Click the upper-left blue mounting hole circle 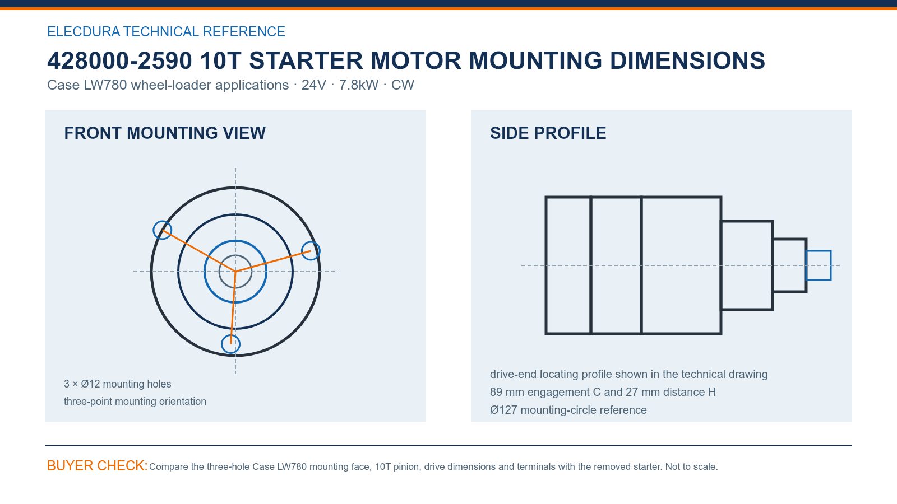[x=154, y=230]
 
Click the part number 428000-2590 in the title [x=120, y=61]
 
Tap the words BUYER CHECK [x=98, y=465]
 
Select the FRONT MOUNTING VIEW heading [x=165, y=133]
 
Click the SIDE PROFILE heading [x=548, y=133]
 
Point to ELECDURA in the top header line [x=84, y=31]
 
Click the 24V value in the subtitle [x=314, y=85]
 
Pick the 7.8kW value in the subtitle [x=358, y=85]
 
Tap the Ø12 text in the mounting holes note [x=90, y=384]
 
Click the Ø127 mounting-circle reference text [x=568, y=410]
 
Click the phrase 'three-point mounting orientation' [x=135, y=402]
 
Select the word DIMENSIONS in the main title [x=687, y=61]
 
